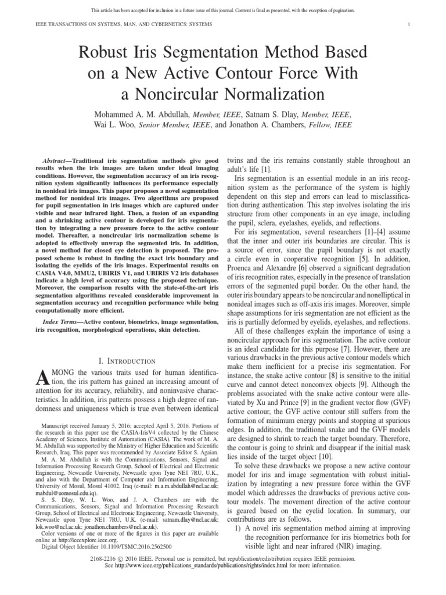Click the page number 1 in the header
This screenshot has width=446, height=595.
[x=409, y=23]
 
